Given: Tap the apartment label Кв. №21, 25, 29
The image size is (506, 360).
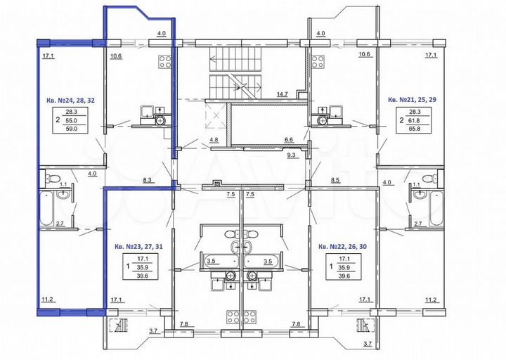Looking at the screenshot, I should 413,100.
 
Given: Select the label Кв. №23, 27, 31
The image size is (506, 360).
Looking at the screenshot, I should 138,246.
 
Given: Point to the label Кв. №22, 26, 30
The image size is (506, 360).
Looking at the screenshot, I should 343,246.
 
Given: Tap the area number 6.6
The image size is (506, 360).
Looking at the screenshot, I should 288,140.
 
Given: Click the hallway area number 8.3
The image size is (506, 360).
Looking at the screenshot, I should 148,181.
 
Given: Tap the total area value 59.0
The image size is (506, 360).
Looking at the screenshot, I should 72,129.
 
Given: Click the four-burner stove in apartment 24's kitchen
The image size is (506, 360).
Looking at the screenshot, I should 166,60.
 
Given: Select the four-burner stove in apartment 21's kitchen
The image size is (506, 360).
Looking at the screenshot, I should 318,60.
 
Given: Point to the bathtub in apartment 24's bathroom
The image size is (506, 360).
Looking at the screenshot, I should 46,208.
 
